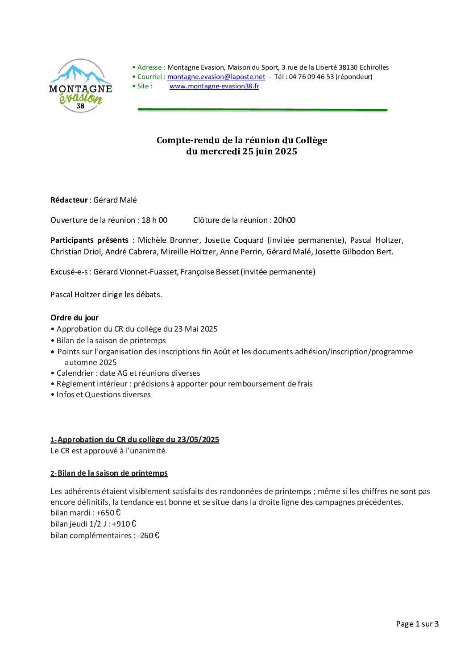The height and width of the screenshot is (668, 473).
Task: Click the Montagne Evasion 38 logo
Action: (x=80, y=86)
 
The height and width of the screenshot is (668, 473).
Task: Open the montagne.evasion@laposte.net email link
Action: (x=216, y=77)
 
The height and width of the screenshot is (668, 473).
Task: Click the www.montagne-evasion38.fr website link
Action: (x=214, y=86)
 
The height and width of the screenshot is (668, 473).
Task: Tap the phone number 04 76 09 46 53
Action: (x=311, y=77)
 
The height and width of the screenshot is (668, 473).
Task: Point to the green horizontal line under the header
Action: (x=262, y=109)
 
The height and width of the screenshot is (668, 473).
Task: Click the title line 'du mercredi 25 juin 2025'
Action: (x=241, y=151)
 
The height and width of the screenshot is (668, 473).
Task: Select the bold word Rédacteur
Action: (x=69, y=200)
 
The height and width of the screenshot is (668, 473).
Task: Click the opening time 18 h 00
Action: (x=154, y=220)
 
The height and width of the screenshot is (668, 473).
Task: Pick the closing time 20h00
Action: (x=284, y=220)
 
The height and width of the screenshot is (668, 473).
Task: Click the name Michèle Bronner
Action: (x=168, y=240)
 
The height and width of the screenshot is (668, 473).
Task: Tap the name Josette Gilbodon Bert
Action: (x=354, y=252)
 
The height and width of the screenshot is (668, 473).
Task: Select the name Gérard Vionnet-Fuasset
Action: (x=135, y=272)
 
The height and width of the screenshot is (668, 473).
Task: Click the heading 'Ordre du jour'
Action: (x=75, y=318)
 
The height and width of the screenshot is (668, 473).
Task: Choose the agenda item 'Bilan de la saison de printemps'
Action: (x=111, y=340)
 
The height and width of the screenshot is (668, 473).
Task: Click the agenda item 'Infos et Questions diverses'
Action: (x=104, y=394)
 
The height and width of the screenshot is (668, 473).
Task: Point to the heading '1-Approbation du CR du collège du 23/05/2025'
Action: (x=135, y=440)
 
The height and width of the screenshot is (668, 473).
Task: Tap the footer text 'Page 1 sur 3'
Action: (x=417, y=624)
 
